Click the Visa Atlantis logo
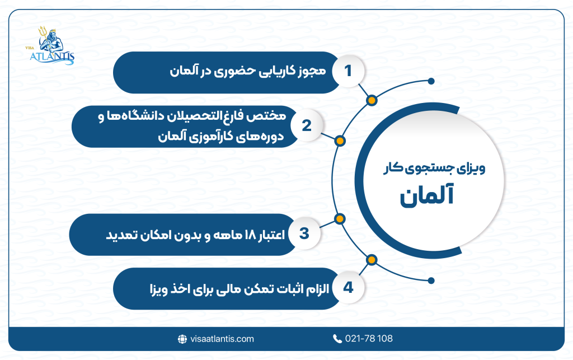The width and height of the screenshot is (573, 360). click(55, 45)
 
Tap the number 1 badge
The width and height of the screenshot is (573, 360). click(348, 71)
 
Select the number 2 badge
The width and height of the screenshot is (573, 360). click(306, 126)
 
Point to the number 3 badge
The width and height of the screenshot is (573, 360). click(304, 233)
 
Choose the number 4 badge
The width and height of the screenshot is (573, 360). click(348, 288)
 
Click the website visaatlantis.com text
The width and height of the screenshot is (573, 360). click(222, 339)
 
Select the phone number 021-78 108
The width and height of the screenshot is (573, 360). click(369, 339)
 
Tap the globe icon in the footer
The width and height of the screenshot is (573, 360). click(182, 339)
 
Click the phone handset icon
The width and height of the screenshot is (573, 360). click(337, 339)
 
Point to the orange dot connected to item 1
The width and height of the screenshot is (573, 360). click(371, 100)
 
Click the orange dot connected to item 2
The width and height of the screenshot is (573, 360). click(339, 140)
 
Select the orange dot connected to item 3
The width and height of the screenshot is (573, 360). click(339, 218)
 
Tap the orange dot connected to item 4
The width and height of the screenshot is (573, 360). click(371, 259)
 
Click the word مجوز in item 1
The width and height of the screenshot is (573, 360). click(307, 72)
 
